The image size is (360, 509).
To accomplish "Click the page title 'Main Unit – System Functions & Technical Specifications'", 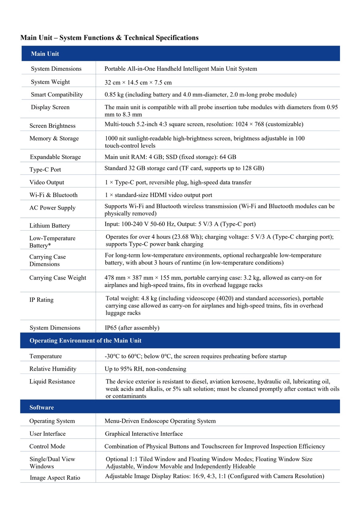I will pos(109,38).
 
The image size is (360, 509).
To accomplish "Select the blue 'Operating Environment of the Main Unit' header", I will pos(85,341).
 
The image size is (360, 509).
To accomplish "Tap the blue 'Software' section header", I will pos(42,407).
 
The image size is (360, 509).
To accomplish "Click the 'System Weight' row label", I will pos(50,82).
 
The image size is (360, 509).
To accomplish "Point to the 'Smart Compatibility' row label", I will pos(57,95).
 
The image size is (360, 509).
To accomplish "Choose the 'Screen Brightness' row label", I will pos(52,126).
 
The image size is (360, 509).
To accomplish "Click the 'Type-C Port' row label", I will pos(45,170).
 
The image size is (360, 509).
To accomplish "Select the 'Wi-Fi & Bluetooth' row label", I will pos(53,195).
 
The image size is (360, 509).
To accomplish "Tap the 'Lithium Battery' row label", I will pos(50,226).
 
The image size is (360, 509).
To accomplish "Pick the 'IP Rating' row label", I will pos(41,300).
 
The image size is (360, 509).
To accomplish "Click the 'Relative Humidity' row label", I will pos(52,369).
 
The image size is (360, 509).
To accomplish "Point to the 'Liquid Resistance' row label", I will pos(52,381).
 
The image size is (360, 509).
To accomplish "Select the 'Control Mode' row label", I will pos(47,446).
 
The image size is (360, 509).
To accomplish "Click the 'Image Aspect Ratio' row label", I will pos(54,478).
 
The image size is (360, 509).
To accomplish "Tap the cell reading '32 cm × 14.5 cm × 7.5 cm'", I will pos(138,82).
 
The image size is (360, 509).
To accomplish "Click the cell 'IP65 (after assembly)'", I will pos(132,328).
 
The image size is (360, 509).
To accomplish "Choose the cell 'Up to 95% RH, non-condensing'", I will pos(145,369).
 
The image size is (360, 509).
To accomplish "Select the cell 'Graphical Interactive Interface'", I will pos(144,434).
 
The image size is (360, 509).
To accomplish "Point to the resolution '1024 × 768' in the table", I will pos(260,124).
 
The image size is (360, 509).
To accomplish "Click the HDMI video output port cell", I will pos(158,195).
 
